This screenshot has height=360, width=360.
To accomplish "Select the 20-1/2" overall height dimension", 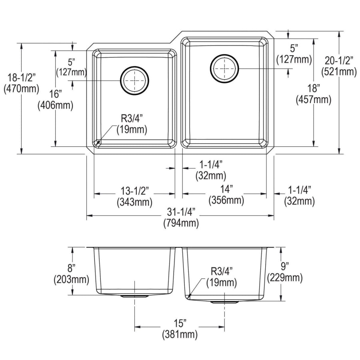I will click(339, 61).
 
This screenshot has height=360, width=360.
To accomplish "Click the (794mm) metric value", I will click(180, 224).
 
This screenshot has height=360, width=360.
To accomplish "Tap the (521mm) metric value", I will click(339, 72).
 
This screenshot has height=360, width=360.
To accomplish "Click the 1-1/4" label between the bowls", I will click(210, 164).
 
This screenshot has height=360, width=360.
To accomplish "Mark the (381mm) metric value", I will click(180, 334).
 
